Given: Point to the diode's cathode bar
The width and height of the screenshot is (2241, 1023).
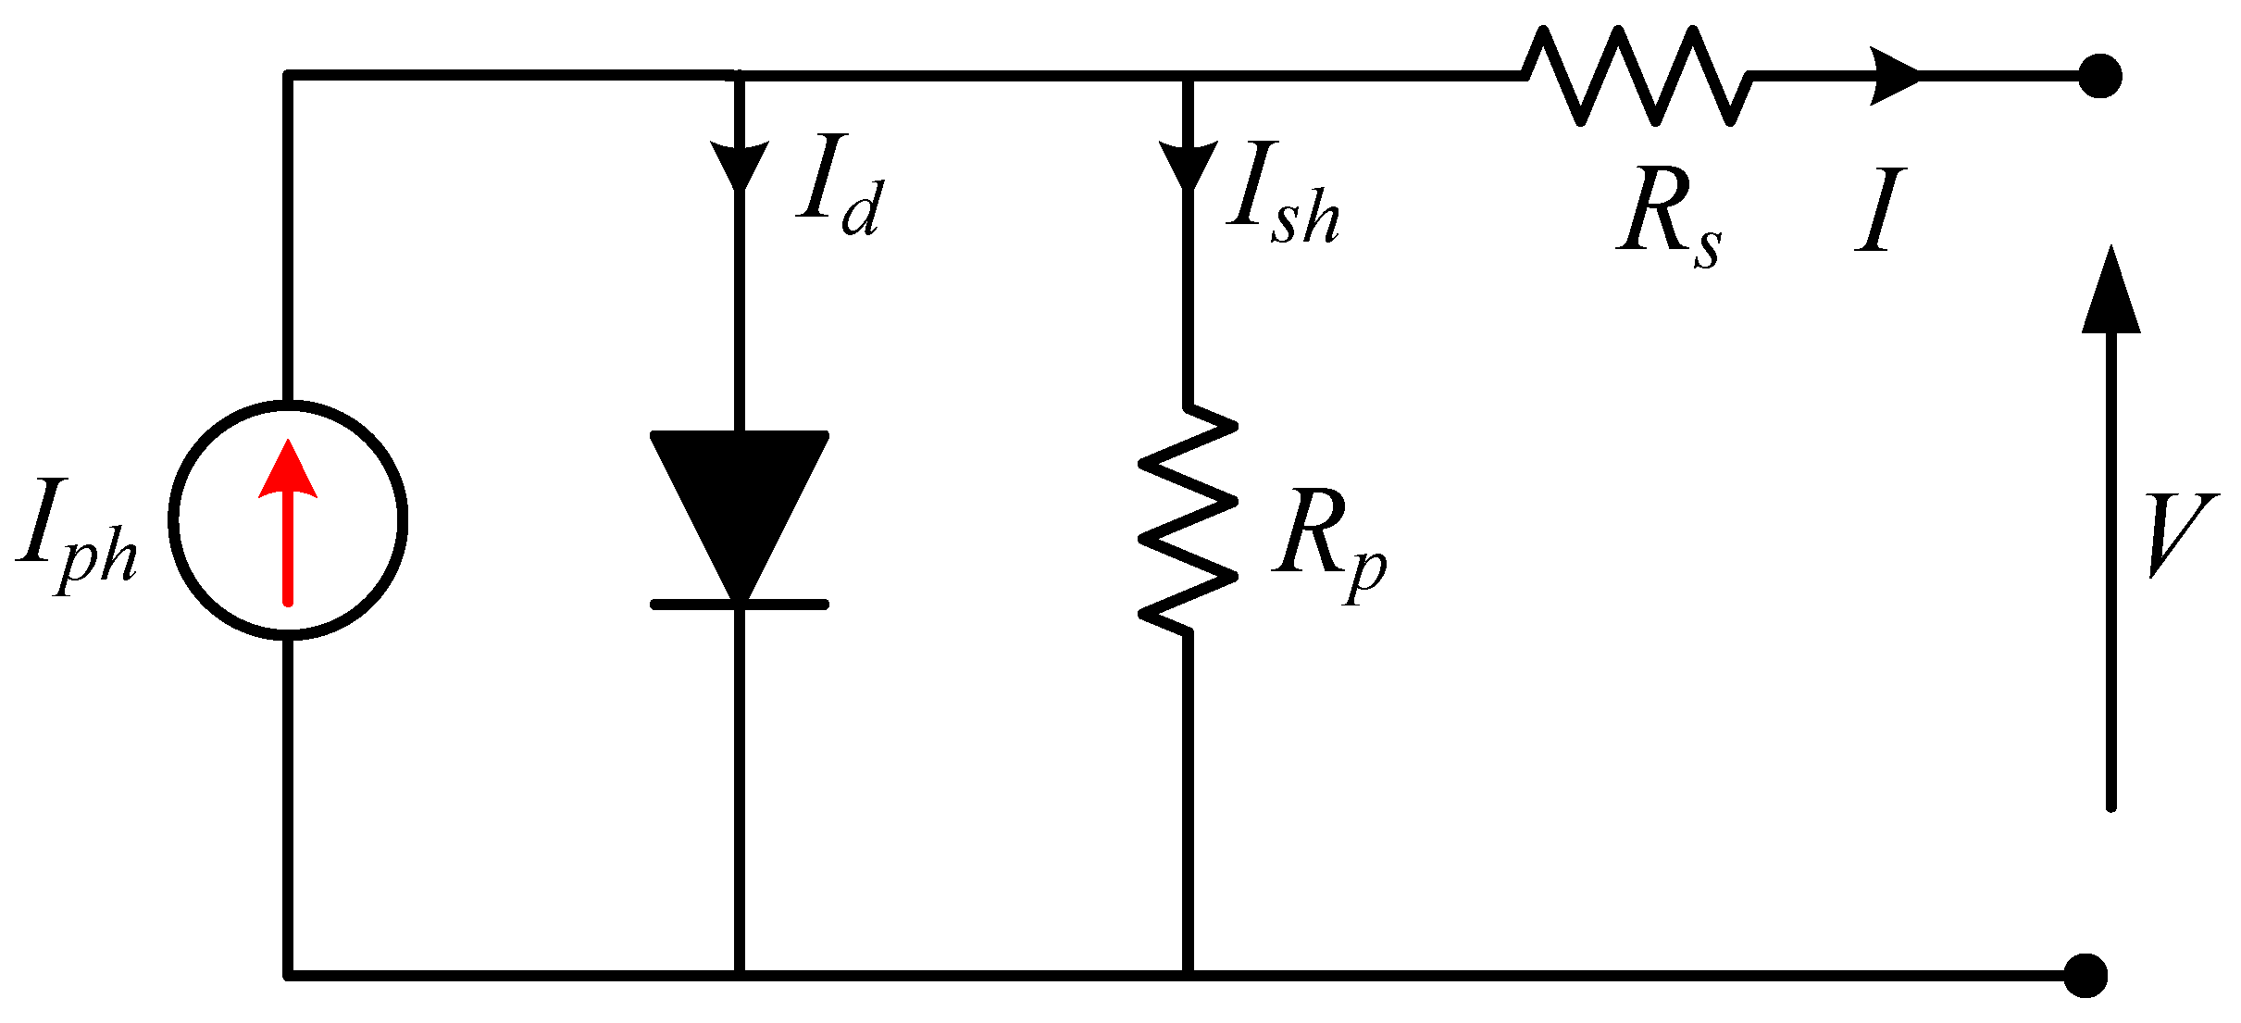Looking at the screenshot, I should point(739,605).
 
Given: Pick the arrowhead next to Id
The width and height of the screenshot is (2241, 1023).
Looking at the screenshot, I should point(739,165).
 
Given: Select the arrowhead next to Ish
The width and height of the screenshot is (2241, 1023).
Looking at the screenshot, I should point(1188,165).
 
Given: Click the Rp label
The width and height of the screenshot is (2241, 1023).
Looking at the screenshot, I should point(1328,546).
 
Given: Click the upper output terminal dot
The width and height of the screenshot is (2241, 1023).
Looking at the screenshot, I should point(2100,76).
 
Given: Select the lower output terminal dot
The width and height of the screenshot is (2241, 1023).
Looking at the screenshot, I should point(2086,975).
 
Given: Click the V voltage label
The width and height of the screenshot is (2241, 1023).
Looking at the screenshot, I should point(2179,535).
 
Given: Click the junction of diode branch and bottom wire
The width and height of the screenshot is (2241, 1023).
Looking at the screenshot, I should point(739,975).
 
